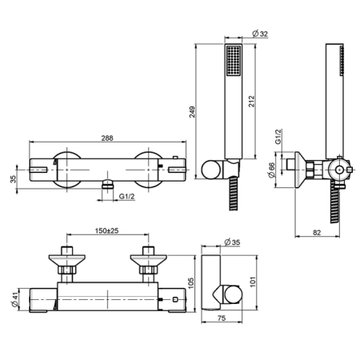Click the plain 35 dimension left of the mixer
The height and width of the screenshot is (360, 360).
point(10,178)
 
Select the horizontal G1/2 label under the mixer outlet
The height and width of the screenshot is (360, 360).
point(126,196)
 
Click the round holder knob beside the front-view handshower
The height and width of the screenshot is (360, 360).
point(212,170)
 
